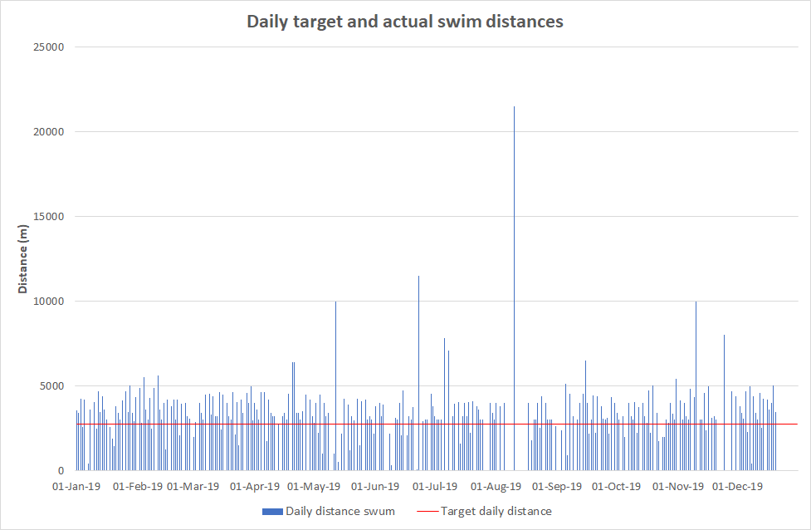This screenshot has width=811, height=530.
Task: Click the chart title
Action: click(x=405, y=22)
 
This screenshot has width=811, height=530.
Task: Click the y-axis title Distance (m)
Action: click(x=24, y=259)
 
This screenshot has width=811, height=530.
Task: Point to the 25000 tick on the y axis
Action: click(x=48, y=47)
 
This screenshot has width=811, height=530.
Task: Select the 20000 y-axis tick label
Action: click(x=48, y=132)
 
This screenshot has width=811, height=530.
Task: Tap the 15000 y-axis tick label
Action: click(x=48, y=217)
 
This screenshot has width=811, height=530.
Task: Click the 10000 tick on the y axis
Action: click(x=48, y=302)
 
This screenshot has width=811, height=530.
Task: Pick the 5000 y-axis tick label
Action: click(x=51, y=386)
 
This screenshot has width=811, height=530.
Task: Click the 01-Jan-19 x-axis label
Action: click(x=76, y=486)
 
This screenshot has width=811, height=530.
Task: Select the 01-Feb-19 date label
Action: click(x=138, y=486)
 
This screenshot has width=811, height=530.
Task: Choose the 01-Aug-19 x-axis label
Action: click(x=496, y=486)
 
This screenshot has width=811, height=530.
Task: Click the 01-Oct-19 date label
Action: click(x=616, y=486)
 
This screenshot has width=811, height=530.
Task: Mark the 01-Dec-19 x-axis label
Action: click(x=737, y=486)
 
